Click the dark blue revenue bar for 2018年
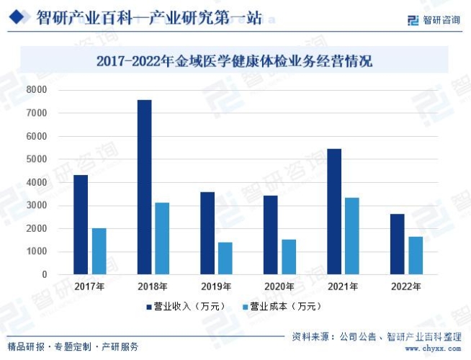144,187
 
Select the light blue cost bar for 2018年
162,238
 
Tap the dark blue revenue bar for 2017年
81,225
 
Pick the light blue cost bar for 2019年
225,258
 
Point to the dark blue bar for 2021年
334,212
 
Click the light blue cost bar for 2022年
416,256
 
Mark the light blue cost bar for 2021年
352,236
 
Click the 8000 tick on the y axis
37,90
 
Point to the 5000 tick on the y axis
37,159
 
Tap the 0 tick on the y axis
44,275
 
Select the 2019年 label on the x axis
216,287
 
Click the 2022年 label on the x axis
407,287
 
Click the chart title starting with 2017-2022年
235,60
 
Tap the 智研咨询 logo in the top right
434,19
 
